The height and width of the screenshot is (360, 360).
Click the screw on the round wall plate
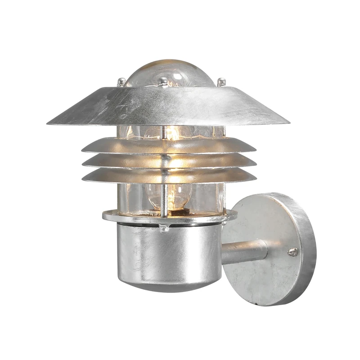click(292, 252)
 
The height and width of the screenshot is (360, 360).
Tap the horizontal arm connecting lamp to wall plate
click(245, 252)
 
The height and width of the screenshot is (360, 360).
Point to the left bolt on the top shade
click(121, 82)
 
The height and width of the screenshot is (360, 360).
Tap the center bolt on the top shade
click(163, 81)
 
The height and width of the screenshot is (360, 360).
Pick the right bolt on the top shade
click(221, 82)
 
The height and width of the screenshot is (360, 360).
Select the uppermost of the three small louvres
click(169, 145)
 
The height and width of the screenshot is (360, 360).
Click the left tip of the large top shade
click(49, 123)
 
